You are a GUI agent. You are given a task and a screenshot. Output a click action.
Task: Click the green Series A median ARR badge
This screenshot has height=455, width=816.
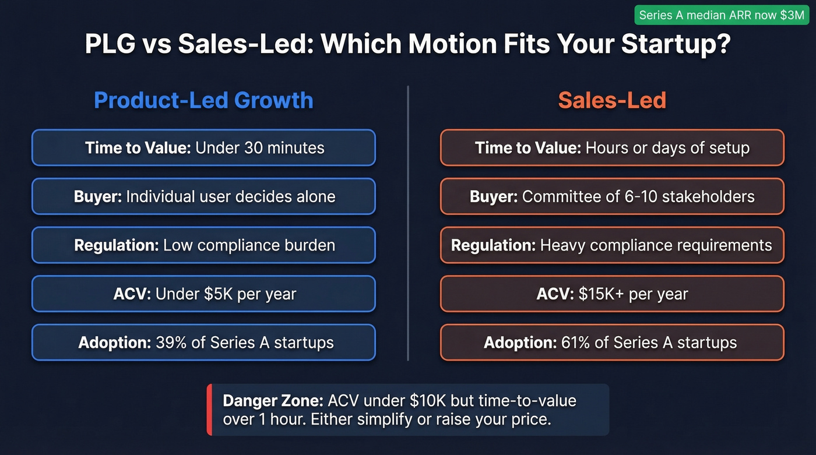tap(722, 15)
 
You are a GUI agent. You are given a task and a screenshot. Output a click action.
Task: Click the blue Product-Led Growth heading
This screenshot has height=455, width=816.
tap(203, 100)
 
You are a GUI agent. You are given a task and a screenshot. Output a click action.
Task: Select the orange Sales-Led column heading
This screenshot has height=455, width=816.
tap(612, 100)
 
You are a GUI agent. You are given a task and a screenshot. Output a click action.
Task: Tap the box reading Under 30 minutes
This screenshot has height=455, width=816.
tap(203, 147)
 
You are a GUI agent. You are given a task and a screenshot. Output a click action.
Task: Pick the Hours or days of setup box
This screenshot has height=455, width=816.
tap(612, 147)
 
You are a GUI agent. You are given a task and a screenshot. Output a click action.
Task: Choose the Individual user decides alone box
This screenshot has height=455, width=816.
tap(203, 196)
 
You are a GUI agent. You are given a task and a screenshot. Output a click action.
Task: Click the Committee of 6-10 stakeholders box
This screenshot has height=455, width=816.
tap(612, 196)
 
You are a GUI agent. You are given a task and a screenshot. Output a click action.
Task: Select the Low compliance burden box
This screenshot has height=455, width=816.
tap(203, 245)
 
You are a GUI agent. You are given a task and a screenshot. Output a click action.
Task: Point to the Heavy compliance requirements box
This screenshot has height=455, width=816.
tap(612, 245)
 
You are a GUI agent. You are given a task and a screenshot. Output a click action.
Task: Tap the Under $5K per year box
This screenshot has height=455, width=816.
tap(203, 294)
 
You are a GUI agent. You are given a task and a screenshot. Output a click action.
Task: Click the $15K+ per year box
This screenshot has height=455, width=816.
tap(612, 294)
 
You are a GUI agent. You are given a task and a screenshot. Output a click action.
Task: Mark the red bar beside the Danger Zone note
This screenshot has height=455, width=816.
tap(209, 410)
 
